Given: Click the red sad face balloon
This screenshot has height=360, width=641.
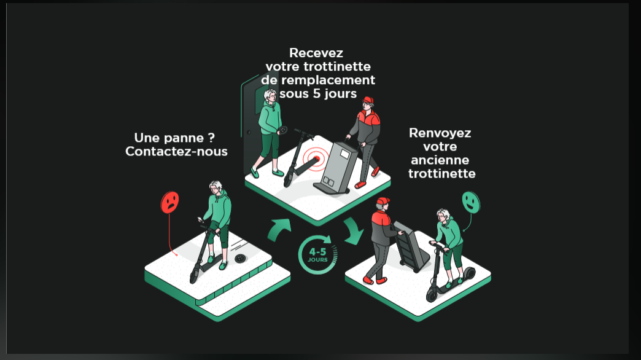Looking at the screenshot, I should click(x=170, y=202).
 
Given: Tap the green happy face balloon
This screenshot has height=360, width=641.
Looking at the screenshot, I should click(x=470, y=200).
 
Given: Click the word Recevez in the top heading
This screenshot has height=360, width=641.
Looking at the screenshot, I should click(x=316, y=53).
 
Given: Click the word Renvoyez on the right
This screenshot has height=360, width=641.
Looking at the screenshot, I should click(x=440, y=133).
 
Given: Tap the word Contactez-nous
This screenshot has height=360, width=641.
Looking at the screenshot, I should click(x=176, y=151).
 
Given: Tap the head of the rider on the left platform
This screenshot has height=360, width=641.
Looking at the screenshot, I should click(x=216, y=187).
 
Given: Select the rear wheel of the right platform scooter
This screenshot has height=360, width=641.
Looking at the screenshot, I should click(x=468, y=273).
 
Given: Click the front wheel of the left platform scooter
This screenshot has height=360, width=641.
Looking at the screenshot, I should click(x=194, y=276).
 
